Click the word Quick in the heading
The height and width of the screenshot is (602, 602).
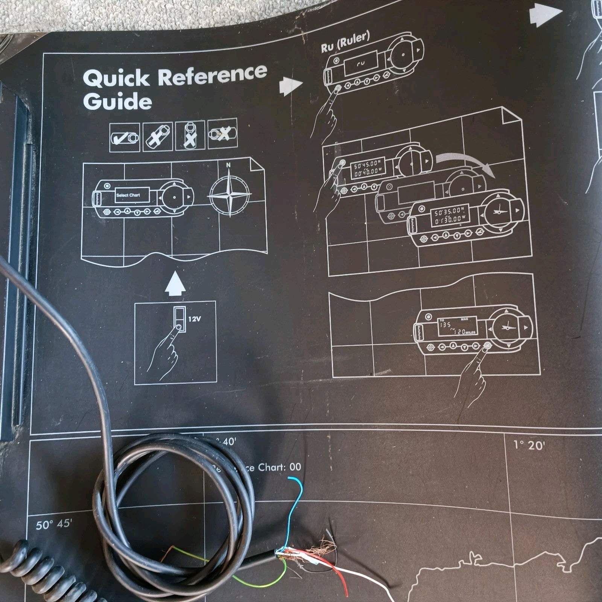tap(116, 78)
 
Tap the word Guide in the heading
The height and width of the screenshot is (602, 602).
tap(117, 102)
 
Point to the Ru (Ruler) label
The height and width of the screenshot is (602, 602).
tap(345, 41)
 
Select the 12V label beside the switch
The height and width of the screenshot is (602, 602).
tap(195, 319)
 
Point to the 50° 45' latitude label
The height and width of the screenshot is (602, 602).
tap(54, 524)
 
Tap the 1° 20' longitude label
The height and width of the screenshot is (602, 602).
tap(529, 445)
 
